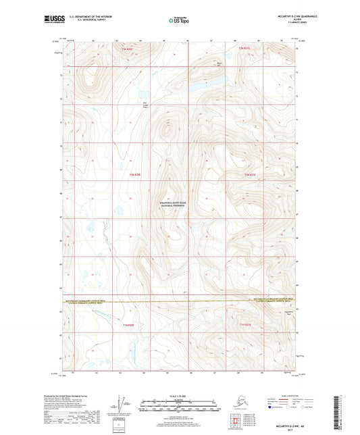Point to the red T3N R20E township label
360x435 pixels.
[128, 49]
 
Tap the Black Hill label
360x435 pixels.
[219, 66]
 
